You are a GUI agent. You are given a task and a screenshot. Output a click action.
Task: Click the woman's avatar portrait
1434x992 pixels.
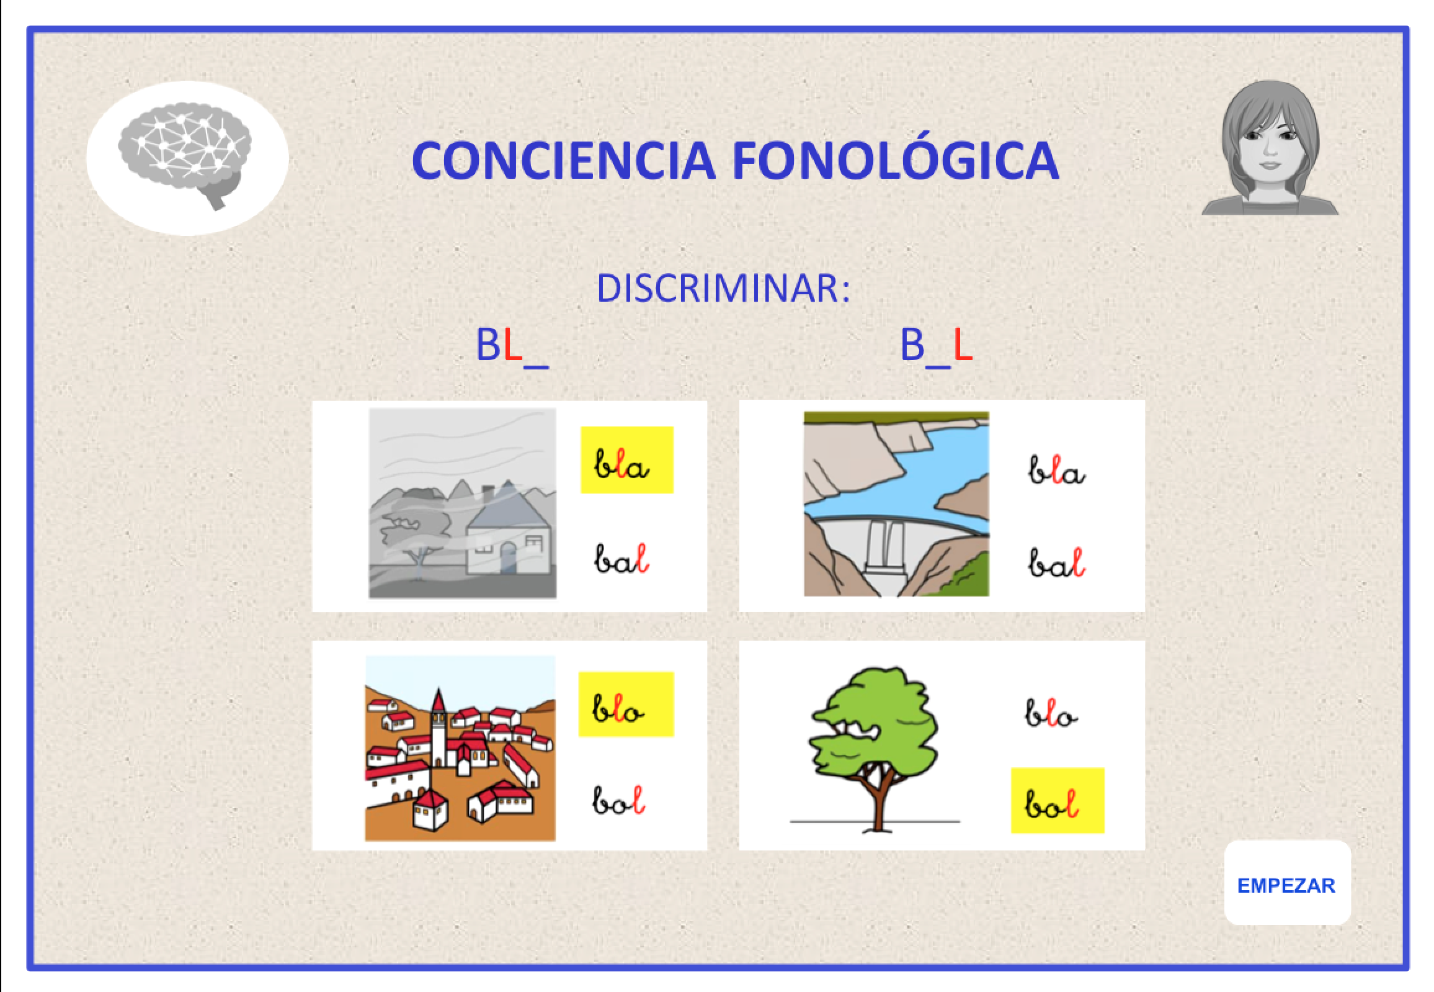(x=1270, y=148)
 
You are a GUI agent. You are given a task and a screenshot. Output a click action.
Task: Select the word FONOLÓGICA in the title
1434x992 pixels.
(x=896, y=156)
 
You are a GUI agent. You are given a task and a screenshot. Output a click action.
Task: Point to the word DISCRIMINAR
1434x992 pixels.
(x=723, y=288)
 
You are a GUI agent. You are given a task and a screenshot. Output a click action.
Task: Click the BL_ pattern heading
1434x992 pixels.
(x=512, y=346)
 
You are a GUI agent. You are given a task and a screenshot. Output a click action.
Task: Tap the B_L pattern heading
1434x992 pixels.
(x=936, y=346)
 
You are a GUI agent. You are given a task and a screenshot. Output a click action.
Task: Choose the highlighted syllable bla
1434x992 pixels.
(x=626, y=460)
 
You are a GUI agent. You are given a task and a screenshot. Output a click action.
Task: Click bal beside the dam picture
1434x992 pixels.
(x=1056, y=562)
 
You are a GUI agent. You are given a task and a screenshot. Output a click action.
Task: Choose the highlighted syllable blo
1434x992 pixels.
(x=626, y=704)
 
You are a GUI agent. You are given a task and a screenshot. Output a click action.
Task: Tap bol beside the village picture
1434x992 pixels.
(x=618, y=800)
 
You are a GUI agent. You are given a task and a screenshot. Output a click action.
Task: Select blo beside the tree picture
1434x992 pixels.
(x=1051, y=712)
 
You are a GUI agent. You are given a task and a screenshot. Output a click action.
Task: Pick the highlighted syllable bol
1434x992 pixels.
(x=1058, y=801)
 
